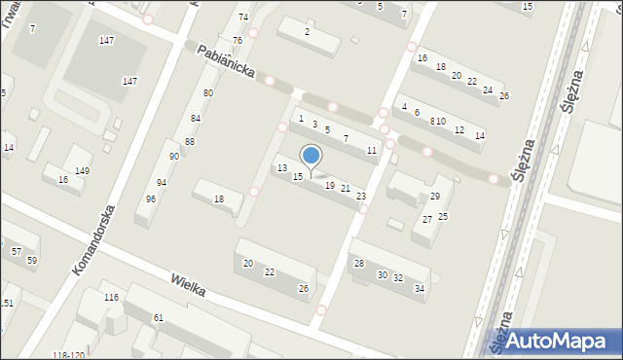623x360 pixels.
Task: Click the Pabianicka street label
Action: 227,62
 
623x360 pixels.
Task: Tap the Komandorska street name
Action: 94,238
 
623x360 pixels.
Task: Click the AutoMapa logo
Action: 560,341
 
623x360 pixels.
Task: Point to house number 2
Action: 307,32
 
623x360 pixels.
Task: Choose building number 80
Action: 207,92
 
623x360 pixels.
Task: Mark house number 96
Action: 150,198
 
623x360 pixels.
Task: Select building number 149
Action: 82,171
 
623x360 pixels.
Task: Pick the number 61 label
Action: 158,318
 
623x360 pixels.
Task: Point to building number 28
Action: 358,264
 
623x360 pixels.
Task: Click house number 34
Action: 419,288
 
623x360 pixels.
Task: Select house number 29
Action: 434,197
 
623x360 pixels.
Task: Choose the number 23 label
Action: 361,197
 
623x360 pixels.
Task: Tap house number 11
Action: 371,150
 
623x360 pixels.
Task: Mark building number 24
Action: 487,90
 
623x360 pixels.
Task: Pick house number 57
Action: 17,251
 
